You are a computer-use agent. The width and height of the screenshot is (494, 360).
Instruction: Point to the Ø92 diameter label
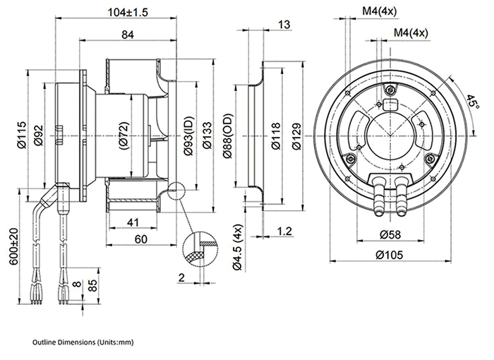(x=38, y=134)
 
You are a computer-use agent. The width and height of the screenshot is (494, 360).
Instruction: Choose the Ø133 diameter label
(x=207, y=134)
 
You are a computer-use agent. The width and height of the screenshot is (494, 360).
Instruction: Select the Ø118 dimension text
(x=276, y=134)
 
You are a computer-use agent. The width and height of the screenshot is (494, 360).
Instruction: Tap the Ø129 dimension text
(x=296, y=134)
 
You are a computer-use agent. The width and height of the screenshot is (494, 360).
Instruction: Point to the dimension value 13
(x=284, y=25)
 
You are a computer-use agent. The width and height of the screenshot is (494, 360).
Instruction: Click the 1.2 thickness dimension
(x=284, y=230)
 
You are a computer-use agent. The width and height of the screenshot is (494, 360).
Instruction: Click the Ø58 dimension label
(x=390, y=234)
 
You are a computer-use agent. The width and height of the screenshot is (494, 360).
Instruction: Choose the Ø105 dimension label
(x=390, y=255)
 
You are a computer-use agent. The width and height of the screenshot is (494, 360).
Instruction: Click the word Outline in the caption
(x=44, y=342)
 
